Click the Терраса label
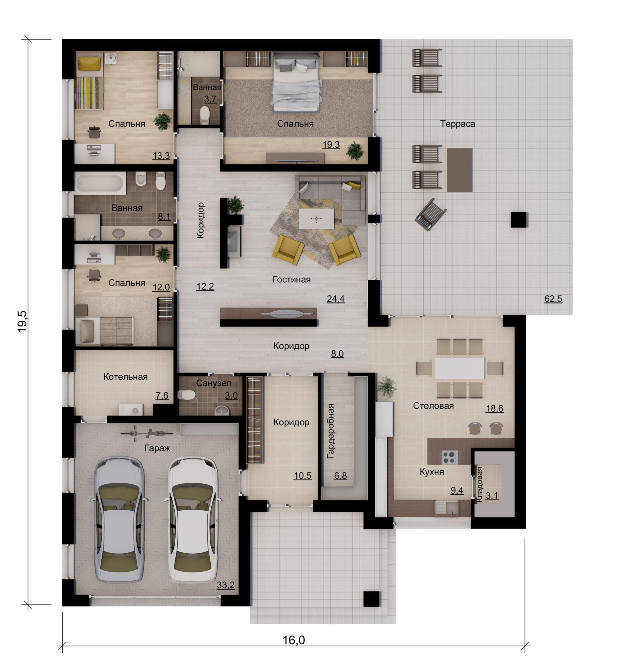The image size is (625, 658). coord(457,124)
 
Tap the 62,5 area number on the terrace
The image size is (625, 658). coord(553,299)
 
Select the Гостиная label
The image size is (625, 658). coord(291,279)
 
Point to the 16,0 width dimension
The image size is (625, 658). coord(294,640)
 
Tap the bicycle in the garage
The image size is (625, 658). coord(146,433)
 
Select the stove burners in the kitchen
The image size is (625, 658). coord(449,457)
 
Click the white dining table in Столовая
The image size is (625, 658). coord(460,368)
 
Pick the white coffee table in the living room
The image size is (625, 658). coord(316,219)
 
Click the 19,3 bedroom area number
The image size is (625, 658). coord(331,144)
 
